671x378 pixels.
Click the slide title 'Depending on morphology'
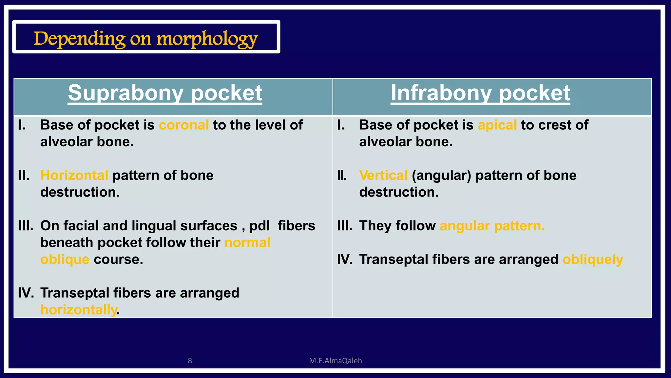[x=146, y=39]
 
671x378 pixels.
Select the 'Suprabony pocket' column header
[x=165, y=93]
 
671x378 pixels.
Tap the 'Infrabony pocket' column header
[x=480, y=93]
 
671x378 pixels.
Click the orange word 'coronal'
[x=184, y=125]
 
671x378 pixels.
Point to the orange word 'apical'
[x=497, y=125]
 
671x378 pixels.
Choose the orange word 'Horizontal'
[x=74, y=175]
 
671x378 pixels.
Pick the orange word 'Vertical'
[x=383, y=175]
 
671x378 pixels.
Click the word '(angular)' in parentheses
[x=441, y=175]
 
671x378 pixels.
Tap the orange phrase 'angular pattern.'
[x=492, y=226]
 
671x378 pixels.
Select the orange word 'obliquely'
[x=593, y=259]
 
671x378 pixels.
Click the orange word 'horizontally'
[x=79, y=309]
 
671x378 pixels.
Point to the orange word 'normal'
[x=247, y=242]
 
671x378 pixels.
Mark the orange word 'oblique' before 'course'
[x=65, y=259]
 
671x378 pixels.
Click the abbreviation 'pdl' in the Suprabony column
[x=259, y=226]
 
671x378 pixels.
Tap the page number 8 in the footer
[x=190, y=361]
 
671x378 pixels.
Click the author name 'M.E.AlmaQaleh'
[x=335, y=361]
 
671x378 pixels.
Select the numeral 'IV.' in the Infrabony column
[x=345, y=259]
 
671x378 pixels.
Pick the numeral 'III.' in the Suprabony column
[x=26, y=226]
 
